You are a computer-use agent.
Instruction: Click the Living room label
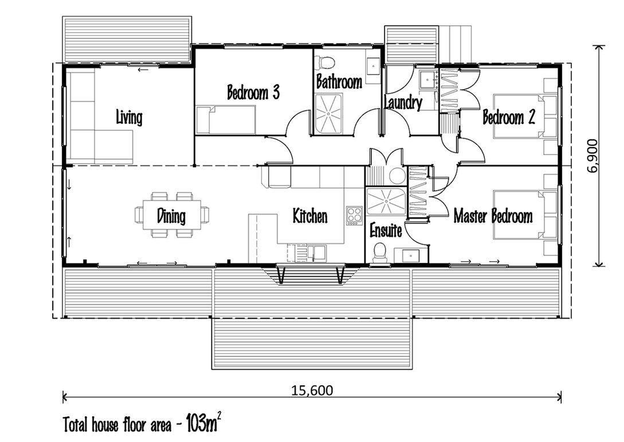pos(129,118)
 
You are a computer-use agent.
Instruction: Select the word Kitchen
pos(310,216)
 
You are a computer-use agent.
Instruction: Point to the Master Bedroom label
pos(493,216)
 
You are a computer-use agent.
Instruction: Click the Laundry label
pos(403,103)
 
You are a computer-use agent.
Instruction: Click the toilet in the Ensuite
pos(379,253)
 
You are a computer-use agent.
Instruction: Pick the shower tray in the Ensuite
pos(384,201)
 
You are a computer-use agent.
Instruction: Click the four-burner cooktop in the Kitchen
pos(354,215)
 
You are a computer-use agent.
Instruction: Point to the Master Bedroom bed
pos(524,215)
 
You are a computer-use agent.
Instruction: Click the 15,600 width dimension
pos(312,391)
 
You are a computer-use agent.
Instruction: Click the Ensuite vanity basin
pos(411,254)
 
